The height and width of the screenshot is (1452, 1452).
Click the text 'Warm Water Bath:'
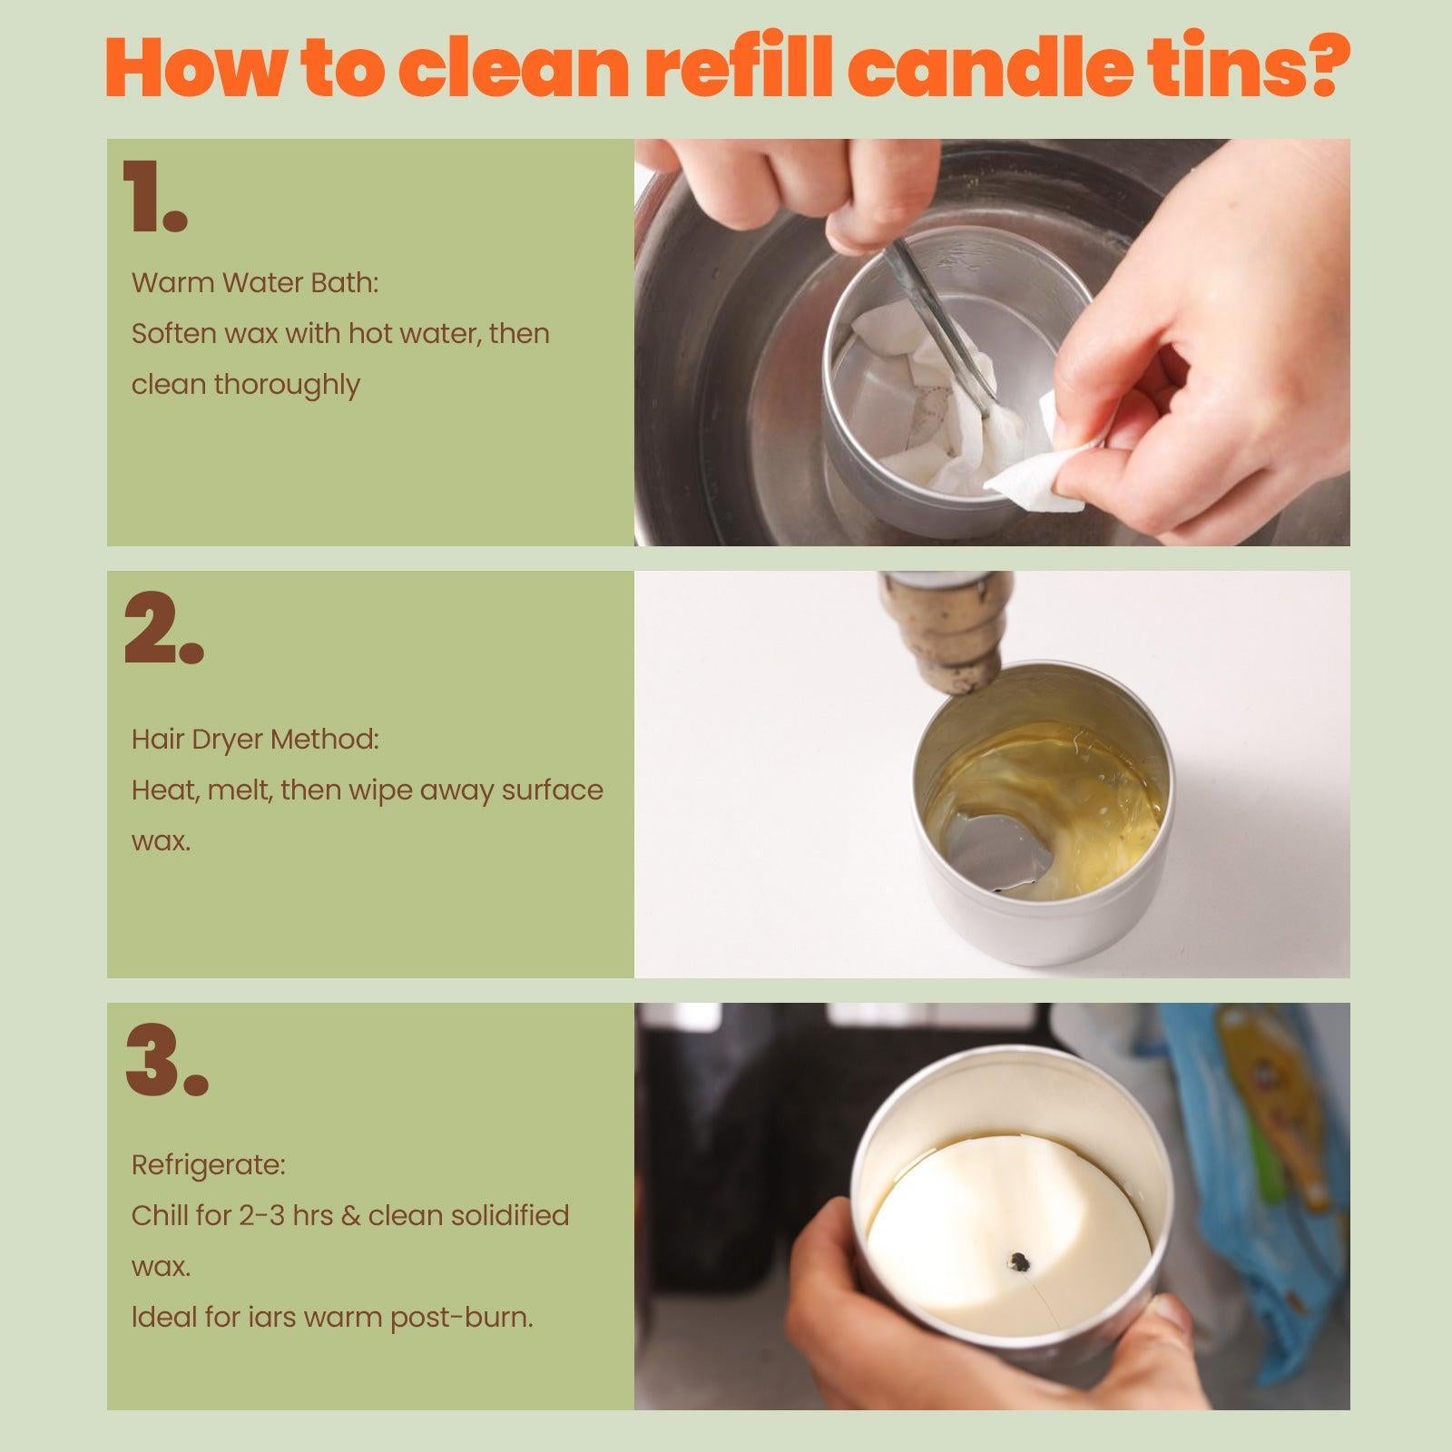(255, 283)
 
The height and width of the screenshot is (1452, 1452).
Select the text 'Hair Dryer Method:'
(255, 739)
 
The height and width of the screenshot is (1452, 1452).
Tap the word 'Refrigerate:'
(209, 1164)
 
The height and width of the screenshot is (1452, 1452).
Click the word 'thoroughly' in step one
(287, 385)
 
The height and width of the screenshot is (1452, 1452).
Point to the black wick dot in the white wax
(1018, 1260)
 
